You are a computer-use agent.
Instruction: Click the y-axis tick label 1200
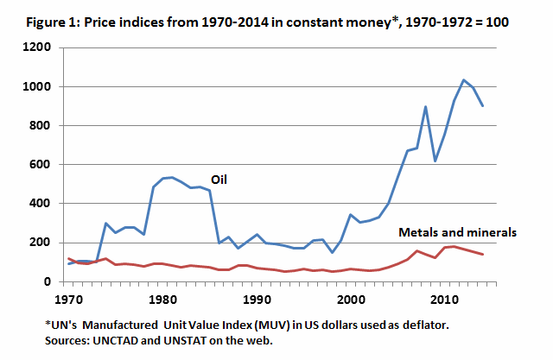40,48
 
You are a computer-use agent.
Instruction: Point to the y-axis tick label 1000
40,87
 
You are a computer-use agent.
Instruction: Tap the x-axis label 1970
69,299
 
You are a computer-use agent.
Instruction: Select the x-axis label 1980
163,299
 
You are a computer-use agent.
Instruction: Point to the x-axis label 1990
257,299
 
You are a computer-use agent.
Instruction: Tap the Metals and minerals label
457,231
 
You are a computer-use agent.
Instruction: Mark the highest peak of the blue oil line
464,80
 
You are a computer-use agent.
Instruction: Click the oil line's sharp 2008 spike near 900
426,107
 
